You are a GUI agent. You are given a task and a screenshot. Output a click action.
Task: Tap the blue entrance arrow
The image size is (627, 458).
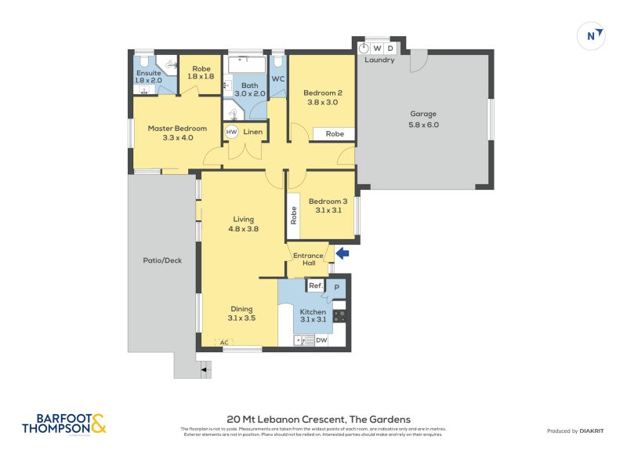click(x=342, y=253)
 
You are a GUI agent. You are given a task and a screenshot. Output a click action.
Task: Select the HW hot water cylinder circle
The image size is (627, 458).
click(x=231, y=133)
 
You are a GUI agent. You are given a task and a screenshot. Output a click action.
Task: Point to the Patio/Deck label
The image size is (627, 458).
click(x=162, y=260)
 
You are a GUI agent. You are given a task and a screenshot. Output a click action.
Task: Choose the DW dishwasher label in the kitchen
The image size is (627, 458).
click(x=321, y=340)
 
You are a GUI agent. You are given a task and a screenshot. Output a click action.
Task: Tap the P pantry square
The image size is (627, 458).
click(x=337, y=287)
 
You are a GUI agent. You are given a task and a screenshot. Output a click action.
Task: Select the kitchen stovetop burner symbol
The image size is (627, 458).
click(x=339, y=316)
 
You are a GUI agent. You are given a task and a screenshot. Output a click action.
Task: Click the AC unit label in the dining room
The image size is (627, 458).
click(x=224, y=343)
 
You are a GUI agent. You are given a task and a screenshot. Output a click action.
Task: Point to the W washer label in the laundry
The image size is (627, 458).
click(x=377, y=49)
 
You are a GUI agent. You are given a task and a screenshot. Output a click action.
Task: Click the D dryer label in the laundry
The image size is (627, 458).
click(x=390, y=49)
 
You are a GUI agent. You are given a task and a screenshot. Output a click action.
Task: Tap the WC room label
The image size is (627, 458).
click(x=277, y=79)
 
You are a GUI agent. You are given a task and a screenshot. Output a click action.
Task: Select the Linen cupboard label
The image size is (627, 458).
click(x=253, y=132)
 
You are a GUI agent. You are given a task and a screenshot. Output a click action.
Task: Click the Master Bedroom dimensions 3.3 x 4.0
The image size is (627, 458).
click(x=178, y=138)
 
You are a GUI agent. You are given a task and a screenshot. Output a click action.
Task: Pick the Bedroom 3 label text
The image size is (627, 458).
click(x=328, y=202)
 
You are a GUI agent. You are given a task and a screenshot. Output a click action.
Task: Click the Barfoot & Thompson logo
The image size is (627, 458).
click(x=64, y=424)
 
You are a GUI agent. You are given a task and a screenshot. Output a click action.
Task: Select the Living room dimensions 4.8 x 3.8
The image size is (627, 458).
click(x=244, y=229)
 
